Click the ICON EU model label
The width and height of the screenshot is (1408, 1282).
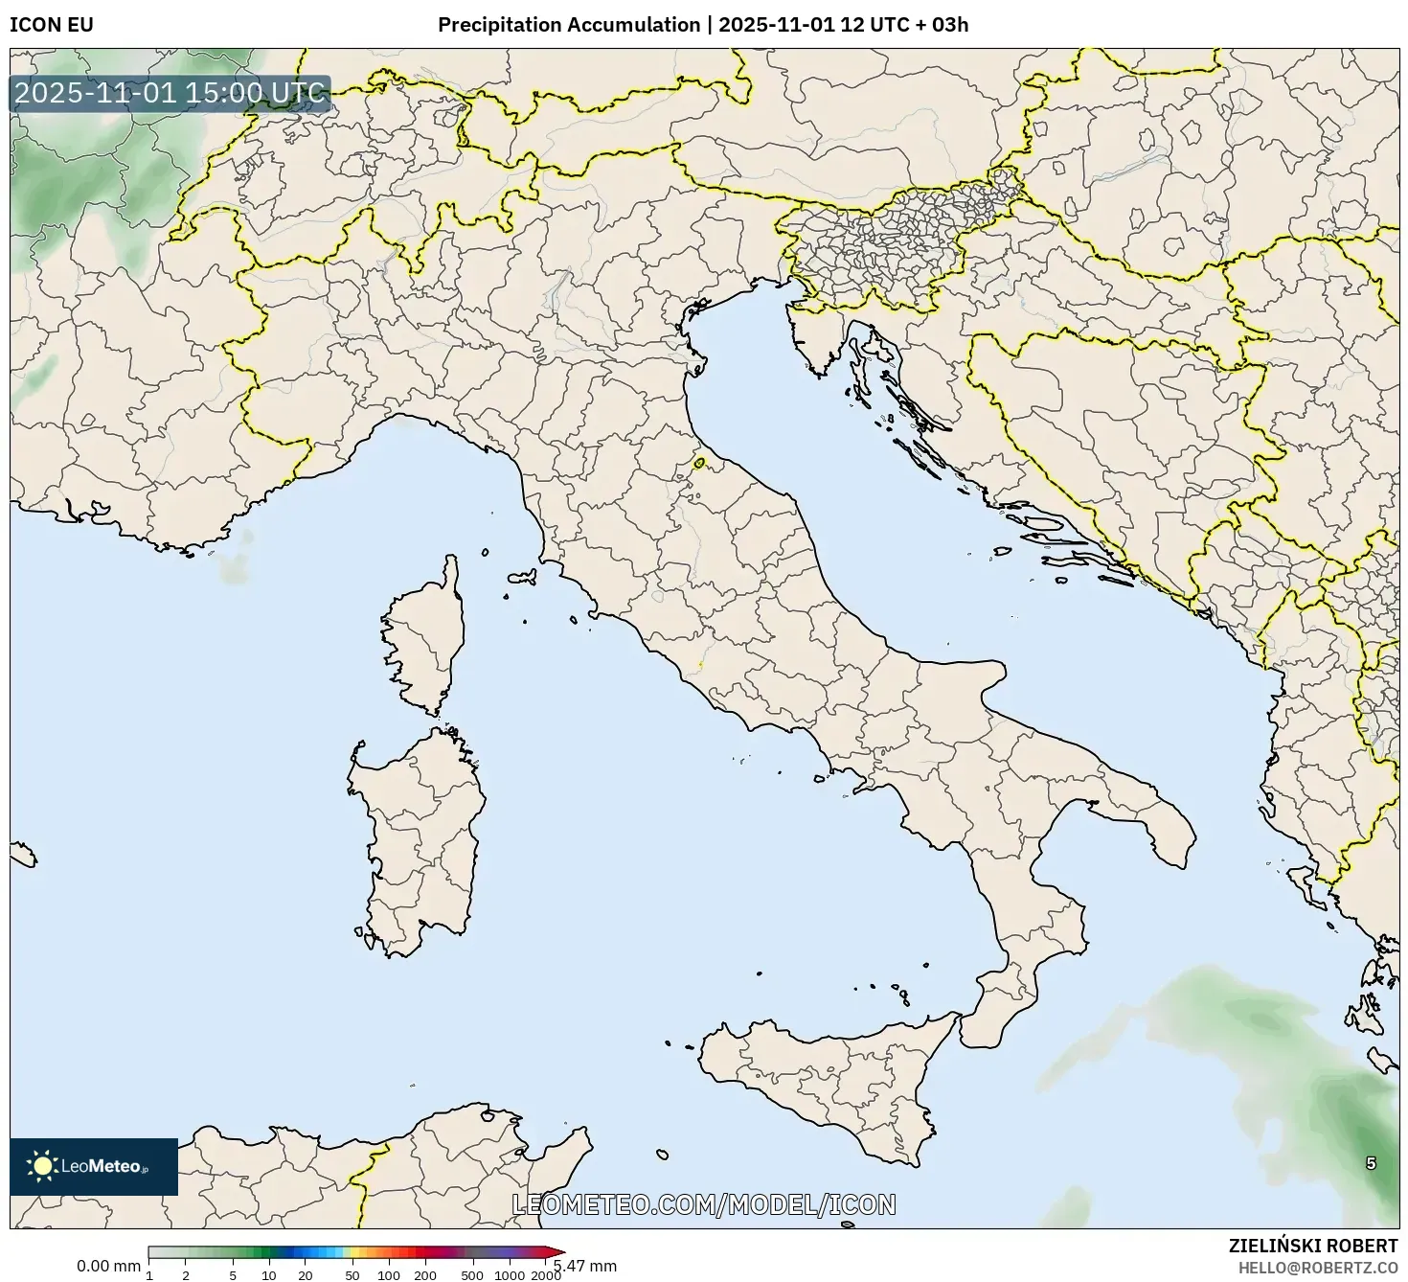(x=52, y=25)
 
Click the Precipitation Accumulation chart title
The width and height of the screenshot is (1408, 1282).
(x=703, y=25)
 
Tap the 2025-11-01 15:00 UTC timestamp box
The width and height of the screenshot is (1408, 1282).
(x=170, y=94)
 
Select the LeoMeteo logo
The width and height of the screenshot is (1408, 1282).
(x=94, y=1166)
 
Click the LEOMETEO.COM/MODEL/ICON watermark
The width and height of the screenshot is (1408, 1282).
(x=704, y=1204)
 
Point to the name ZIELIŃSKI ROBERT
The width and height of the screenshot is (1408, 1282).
(x=1312, y=1246)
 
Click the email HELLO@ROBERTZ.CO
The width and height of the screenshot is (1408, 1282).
(x=1316, y=1267)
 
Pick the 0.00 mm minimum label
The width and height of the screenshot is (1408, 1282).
(x=108, y=1266)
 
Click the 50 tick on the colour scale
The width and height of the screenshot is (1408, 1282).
(x=352, y=1274)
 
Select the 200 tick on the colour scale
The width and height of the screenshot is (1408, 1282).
(x=425, y=1274)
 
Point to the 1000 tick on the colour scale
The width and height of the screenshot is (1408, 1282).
(x=510, y=1274)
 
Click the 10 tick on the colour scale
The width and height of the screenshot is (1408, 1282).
(x=269, y=1274)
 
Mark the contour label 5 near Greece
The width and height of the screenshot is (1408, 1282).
(x=1371, y=1163)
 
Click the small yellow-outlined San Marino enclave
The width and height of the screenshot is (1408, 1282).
(x=699, y=464)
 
